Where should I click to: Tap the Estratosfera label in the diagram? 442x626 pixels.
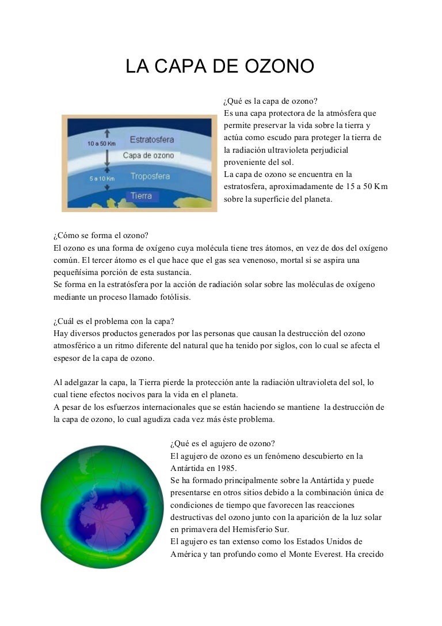tap(152, 139)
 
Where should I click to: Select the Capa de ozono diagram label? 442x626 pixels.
tap(148, 156)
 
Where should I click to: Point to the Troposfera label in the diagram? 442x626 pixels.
tap(150, 176)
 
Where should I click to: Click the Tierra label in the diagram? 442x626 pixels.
tap(142, 196)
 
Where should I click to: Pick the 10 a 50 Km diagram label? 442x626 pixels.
tap(101, 143)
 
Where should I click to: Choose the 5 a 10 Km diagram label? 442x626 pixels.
tap(102, 179)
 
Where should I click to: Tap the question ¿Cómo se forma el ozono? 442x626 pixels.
tap(101, 236)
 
